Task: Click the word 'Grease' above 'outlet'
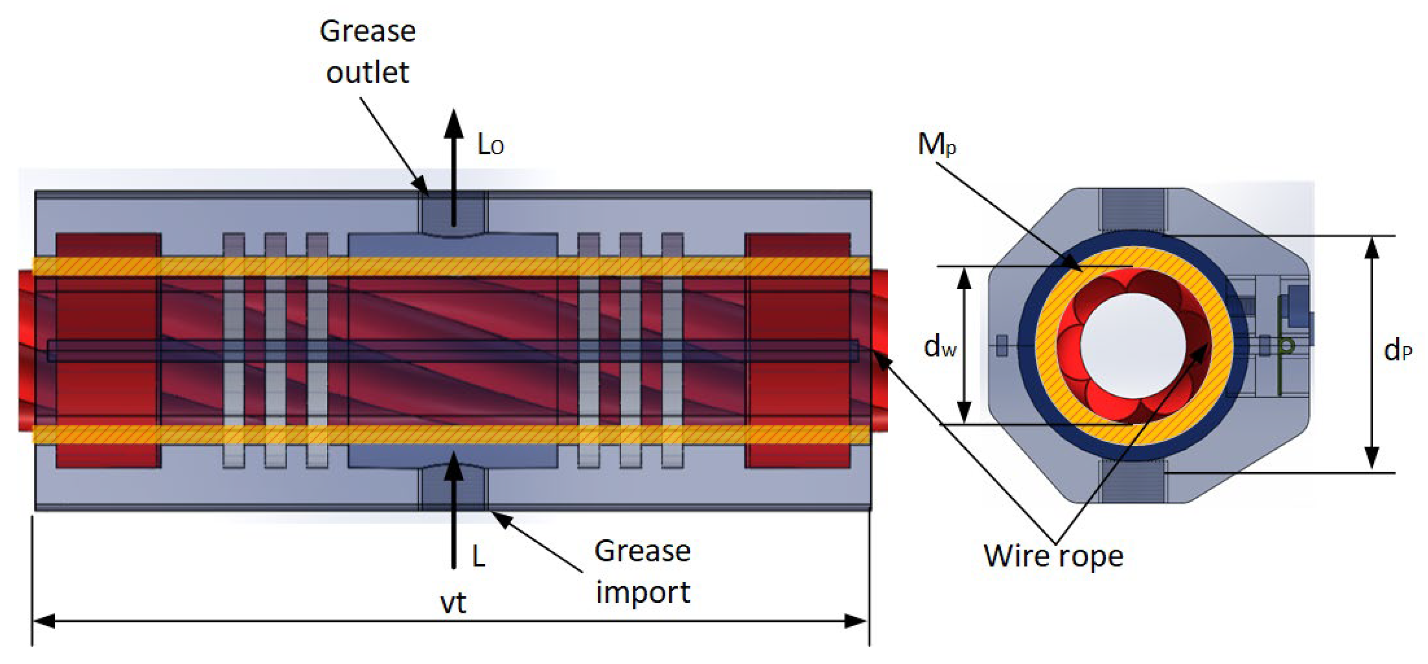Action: tap(368, 32)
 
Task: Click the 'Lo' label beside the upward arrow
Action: tap(491, 146)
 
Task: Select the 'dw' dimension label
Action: tap(940, 347)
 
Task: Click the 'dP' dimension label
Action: tap(1398, 350)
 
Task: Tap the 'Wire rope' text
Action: tap(1053, 556)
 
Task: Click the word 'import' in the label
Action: tap(643, 592)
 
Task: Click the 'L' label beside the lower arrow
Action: tap(479, 556)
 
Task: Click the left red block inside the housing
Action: tap(109, 350)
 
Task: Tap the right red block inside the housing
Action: tap(797, 350)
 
